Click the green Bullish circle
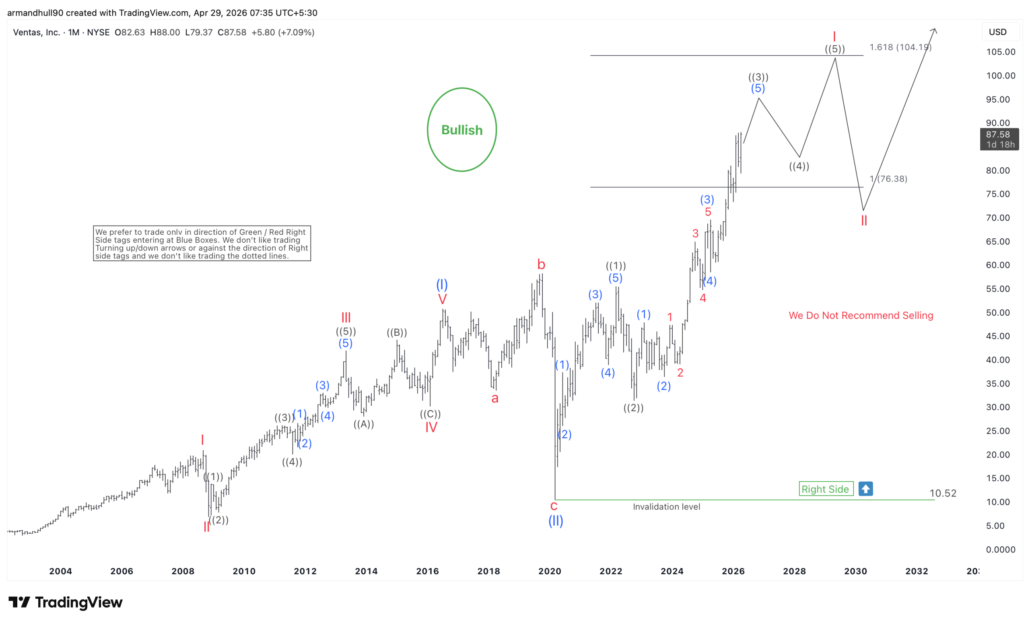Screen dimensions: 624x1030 461,129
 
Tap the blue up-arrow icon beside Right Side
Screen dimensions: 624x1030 865,489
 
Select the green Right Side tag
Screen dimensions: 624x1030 826,489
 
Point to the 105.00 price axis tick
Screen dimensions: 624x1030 1000,52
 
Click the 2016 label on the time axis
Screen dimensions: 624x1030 427,571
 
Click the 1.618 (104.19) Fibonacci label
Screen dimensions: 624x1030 900,47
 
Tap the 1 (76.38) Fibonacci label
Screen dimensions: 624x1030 888,179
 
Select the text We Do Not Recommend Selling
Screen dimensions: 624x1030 861,315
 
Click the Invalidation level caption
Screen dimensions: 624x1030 666,507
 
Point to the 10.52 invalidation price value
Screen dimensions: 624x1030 943,493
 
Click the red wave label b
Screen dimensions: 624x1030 541,265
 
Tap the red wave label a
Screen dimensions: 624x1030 495,398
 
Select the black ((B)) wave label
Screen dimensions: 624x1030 397,333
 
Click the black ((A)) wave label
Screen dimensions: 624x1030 364,424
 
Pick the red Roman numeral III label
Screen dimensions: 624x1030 346,318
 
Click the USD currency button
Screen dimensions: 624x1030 997,32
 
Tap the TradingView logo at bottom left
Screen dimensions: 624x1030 66,602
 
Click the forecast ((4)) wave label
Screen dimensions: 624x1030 799,166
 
